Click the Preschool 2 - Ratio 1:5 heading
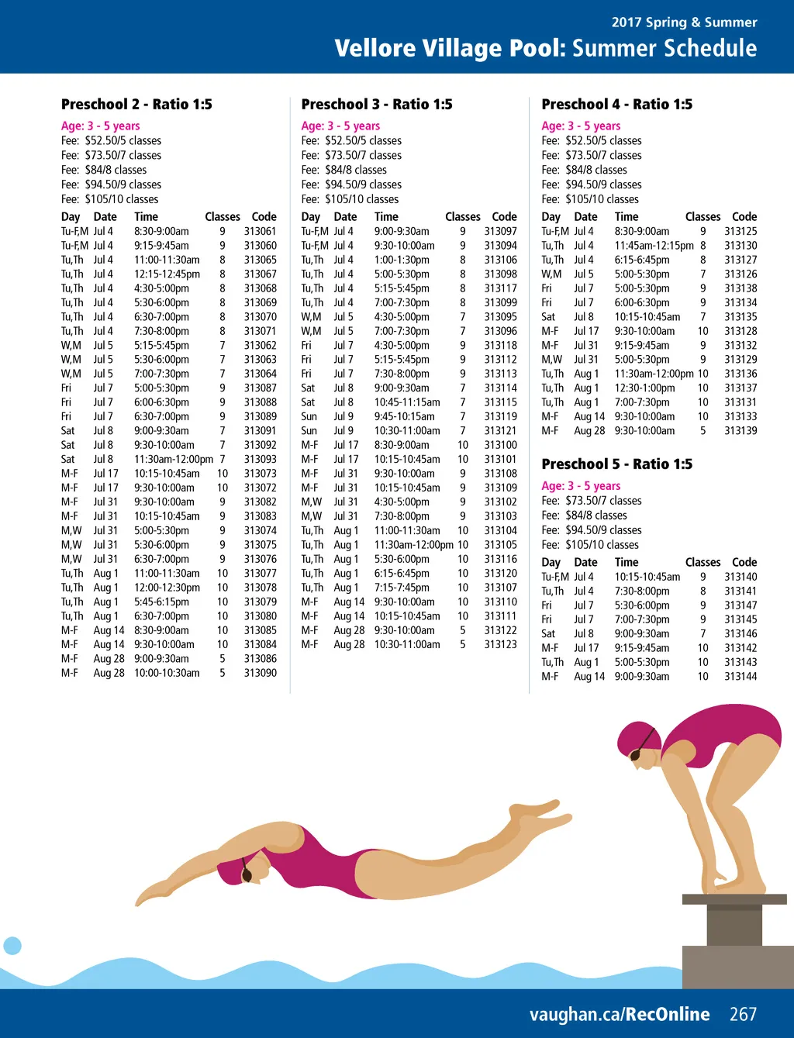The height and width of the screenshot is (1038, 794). coord(136,104)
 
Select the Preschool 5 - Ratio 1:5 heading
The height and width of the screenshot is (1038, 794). coord(616,464)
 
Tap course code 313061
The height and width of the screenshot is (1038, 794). coord(260,231)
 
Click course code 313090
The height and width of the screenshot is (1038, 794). coord(260,673)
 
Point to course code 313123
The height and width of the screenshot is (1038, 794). coord(500,644)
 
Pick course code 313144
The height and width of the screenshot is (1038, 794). coord(740,677)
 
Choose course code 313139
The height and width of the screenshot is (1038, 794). coord(740,431)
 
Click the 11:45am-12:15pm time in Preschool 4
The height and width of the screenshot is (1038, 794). coord(654,246)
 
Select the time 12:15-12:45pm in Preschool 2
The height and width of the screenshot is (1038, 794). coord(167,274)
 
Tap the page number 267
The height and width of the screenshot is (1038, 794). coord(743,1014)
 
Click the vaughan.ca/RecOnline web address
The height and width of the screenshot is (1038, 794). coord(620,1014)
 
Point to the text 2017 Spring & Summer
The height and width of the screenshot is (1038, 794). coord(684,22)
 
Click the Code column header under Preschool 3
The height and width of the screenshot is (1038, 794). coord(504,217)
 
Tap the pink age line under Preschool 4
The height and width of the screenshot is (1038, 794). coord(581,126)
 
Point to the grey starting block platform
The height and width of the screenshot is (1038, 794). coord(734,900)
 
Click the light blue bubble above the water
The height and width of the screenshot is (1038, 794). coord(12,945)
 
